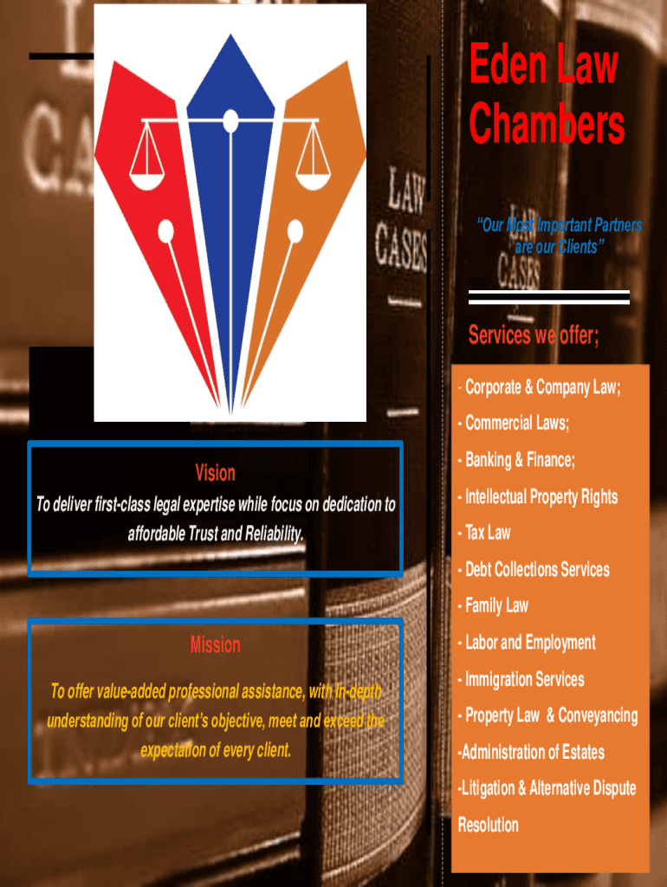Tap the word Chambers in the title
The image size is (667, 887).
click(x=547, y=125)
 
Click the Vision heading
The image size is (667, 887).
click(x=215, y=473)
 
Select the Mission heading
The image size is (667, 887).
click(x=215, y=644)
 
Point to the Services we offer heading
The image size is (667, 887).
click(x=533, y=335)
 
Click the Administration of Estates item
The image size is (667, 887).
click(x=533, y=752)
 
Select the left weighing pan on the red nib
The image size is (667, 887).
click(x=146, y=172)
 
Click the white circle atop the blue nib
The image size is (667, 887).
click(x=230, y=120)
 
